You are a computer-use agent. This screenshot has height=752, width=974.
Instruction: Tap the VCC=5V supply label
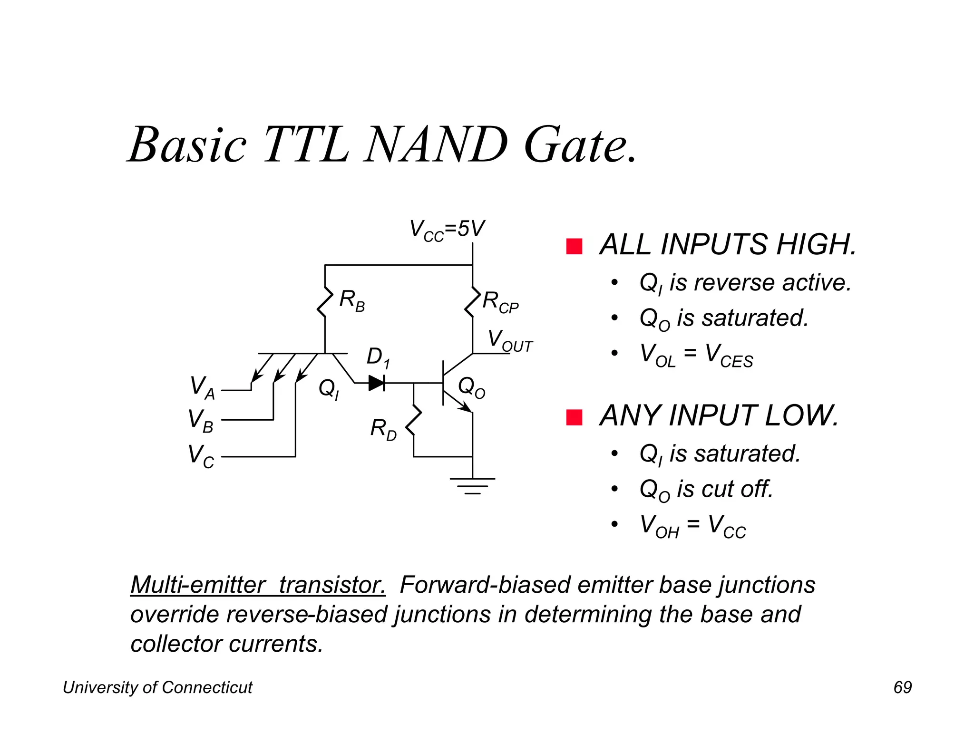(447, 230)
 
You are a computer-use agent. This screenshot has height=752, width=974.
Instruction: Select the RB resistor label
(352, 301)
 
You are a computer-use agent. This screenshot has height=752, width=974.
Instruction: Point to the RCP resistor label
(500, 302)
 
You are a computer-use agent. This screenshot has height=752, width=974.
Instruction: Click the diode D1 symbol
(377, 383)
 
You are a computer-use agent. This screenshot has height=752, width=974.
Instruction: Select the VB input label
(200, 421)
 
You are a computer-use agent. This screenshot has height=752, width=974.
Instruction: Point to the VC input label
(201, 456)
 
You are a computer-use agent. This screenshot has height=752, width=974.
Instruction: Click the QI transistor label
(329, 390)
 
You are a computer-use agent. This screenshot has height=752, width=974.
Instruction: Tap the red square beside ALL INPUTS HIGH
(574, 246)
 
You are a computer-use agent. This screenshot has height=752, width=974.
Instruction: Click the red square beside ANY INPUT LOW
(574, 417)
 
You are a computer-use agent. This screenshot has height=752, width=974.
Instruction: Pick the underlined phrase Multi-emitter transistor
(258, 585)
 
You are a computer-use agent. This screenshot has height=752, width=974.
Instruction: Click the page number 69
(902, 687)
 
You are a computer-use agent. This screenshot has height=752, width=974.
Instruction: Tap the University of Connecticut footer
(157, 687)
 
